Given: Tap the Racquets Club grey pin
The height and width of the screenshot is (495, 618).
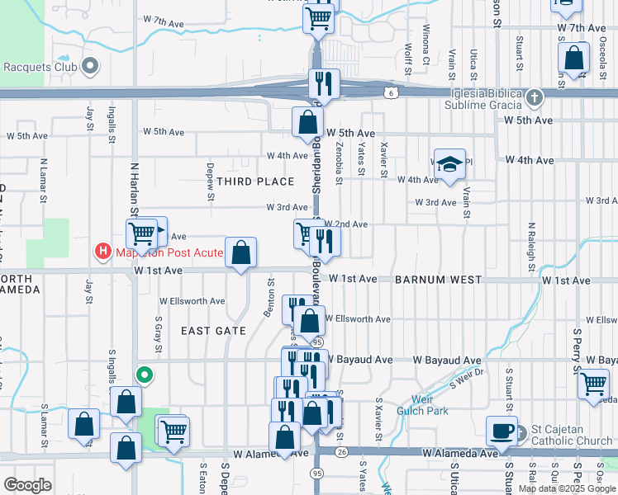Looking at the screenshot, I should tap(91, 65).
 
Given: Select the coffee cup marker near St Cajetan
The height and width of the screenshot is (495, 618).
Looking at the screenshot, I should tap(501, 430).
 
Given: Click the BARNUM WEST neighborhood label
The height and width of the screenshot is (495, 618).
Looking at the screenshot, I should tap(438, 280).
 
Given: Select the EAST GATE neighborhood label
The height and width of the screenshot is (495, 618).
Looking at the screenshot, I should tap(213, 331).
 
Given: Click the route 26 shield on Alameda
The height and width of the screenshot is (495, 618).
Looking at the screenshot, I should tap(343, 452).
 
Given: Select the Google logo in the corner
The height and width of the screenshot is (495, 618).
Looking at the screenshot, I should tap(28, 485).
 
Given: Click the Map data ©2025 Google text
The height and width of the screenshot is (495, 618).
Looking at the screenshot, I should tap(567, 488).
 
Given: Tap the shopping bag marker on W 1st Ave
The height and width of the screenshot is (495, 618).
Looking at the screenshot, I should tap(240, 252).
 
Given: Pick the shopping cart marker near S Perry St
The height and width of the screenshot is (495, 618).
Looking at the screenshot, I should tap(594, 383).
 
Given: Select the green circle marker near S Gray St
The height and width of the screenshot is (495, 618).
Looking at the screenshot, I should tap(145, 376).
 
